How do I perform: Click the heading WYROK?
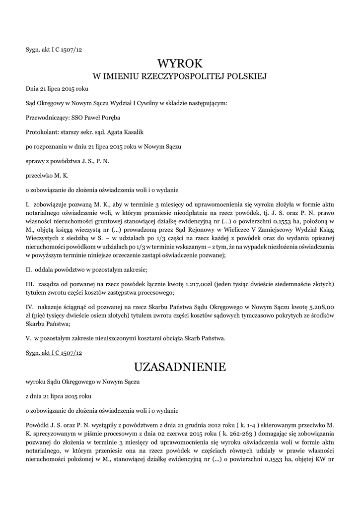pyautogui.click(x=180, y=63)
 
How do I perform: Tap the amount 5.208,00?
pyautogui.click(x=319, y=307)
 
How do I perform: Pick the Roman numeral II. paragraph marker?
pyautogui.click(x=29, y=269)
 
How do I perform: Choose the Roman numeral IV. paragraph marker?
pyautogui.click(x=29, y=307)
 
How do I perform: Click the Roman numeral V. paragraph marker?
pyautogui.click(x=28, y=338)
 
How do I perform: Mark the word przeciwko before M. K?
pyautogui.click(x=39, y=176)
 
